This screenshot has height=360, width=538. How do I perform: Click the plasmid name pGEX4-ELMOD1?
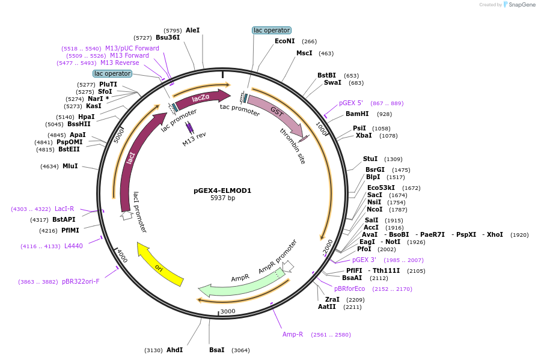pyautogui.click(x=222, y=191)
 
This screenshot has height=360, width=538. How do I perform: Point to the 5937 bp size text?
pyautogui.click(x=222, y=198)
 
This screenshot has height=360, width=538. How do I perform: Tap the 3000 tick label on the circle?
pyautogui.click(x=228, y=311)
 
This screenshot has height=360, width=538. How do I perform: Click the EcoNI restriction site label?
pyautogui.click(x=284, y=41)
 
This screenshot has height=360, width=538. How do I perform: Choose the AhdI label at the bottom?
pyautogui.click(x=174, y=350)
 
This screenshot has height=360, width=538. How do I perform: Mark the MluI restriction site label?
pyautogui.click(x=70, y=166)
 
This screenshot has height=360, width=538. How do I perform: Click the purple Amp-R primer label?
pyautogui.click(x=293, y=334)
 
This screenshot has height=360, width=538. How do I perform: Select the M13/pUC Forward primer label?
pyautogui.click(x=132, y=48)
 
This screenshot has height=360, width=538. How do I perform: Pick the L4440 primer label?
pyautogui.click(x=73, y=246)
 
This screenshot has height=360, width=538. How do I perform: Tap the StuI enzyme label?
pyautogui.click(x=370, y=159)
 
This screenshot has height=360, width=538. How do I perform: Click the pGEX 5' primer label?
pyautogui.click(x=351, y=103)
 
